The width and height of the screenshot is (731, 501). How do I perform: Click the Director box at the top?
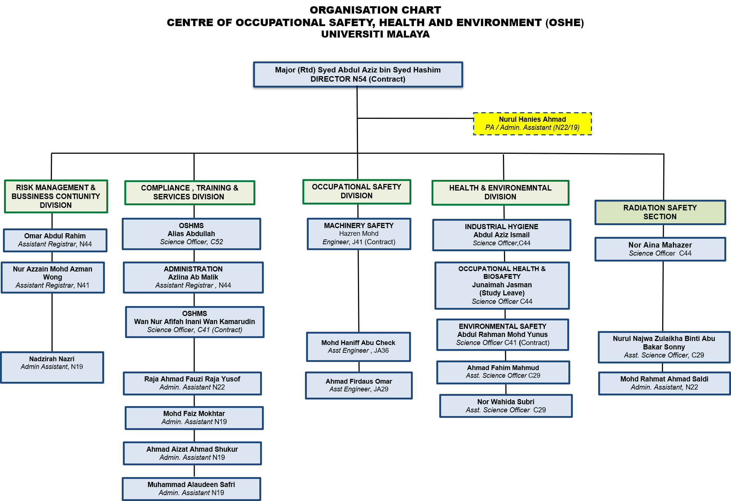coord(358,74)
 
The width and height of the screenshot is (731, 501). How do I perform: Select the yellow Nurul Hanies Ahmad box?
coord(532,124)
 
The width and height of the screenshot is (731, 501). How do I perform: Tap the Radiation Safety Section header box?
coord(660,212)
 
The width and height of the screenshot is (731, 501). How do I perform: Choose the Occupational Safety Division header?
coord(356,191)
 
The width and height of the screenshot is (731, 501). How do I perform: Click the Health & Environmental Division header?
coord(500,192)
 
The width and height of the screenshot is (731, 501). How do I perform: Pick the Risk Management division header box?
coord(56,196)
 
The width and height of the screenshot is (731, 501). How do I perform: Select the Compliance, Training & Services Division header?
coord(189,192)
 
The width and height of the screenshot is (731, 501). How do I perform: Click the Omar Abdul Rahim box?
coord(55,240)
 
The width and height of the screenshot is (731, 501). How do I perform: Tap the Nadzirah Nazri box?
coord(52,367)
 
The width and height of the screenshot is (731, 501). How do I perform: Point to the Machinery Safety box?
coord(359,234)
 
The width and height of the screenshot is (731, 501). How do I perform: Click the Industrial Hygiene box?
coord(501,235)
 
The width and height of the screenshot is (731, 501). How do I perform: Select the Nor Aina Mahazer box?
coord(660,249)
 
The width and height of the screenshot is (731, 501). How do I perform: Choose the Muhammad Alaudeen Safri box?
coord(191,488)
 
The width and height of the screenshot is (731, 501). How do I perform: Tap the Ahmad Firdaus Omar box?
coord(359,385)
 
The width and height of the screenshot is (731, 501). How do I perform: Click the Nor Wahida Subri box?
coord(506,406)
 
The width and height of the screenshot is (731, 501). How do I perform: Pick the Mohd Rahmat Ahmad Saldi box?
coord(664,383)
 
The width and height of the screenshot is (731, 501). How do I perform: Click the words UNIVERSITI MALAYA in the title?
coord(375,34)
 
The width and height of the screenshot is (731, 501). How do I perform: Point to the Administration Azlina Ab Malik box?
coord(193,277)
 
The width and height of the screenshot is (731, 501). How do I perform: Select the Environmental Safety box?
coord(503,334)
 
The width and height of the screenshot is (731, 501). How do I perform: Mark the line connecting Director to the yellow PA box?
coord(415,118)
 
